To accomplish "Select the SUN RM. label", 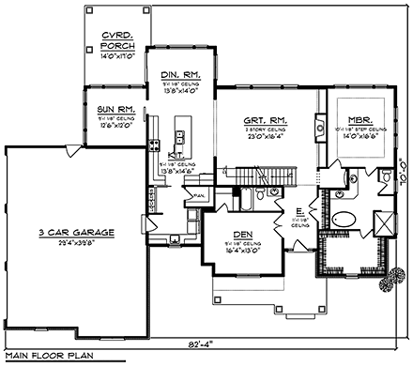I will coord(117,111).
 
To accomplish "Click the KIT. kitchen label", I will coord(175,157).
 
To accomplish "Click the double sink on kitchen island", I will coord(180,138).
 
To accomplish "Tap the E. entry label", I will coord(297,212).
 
